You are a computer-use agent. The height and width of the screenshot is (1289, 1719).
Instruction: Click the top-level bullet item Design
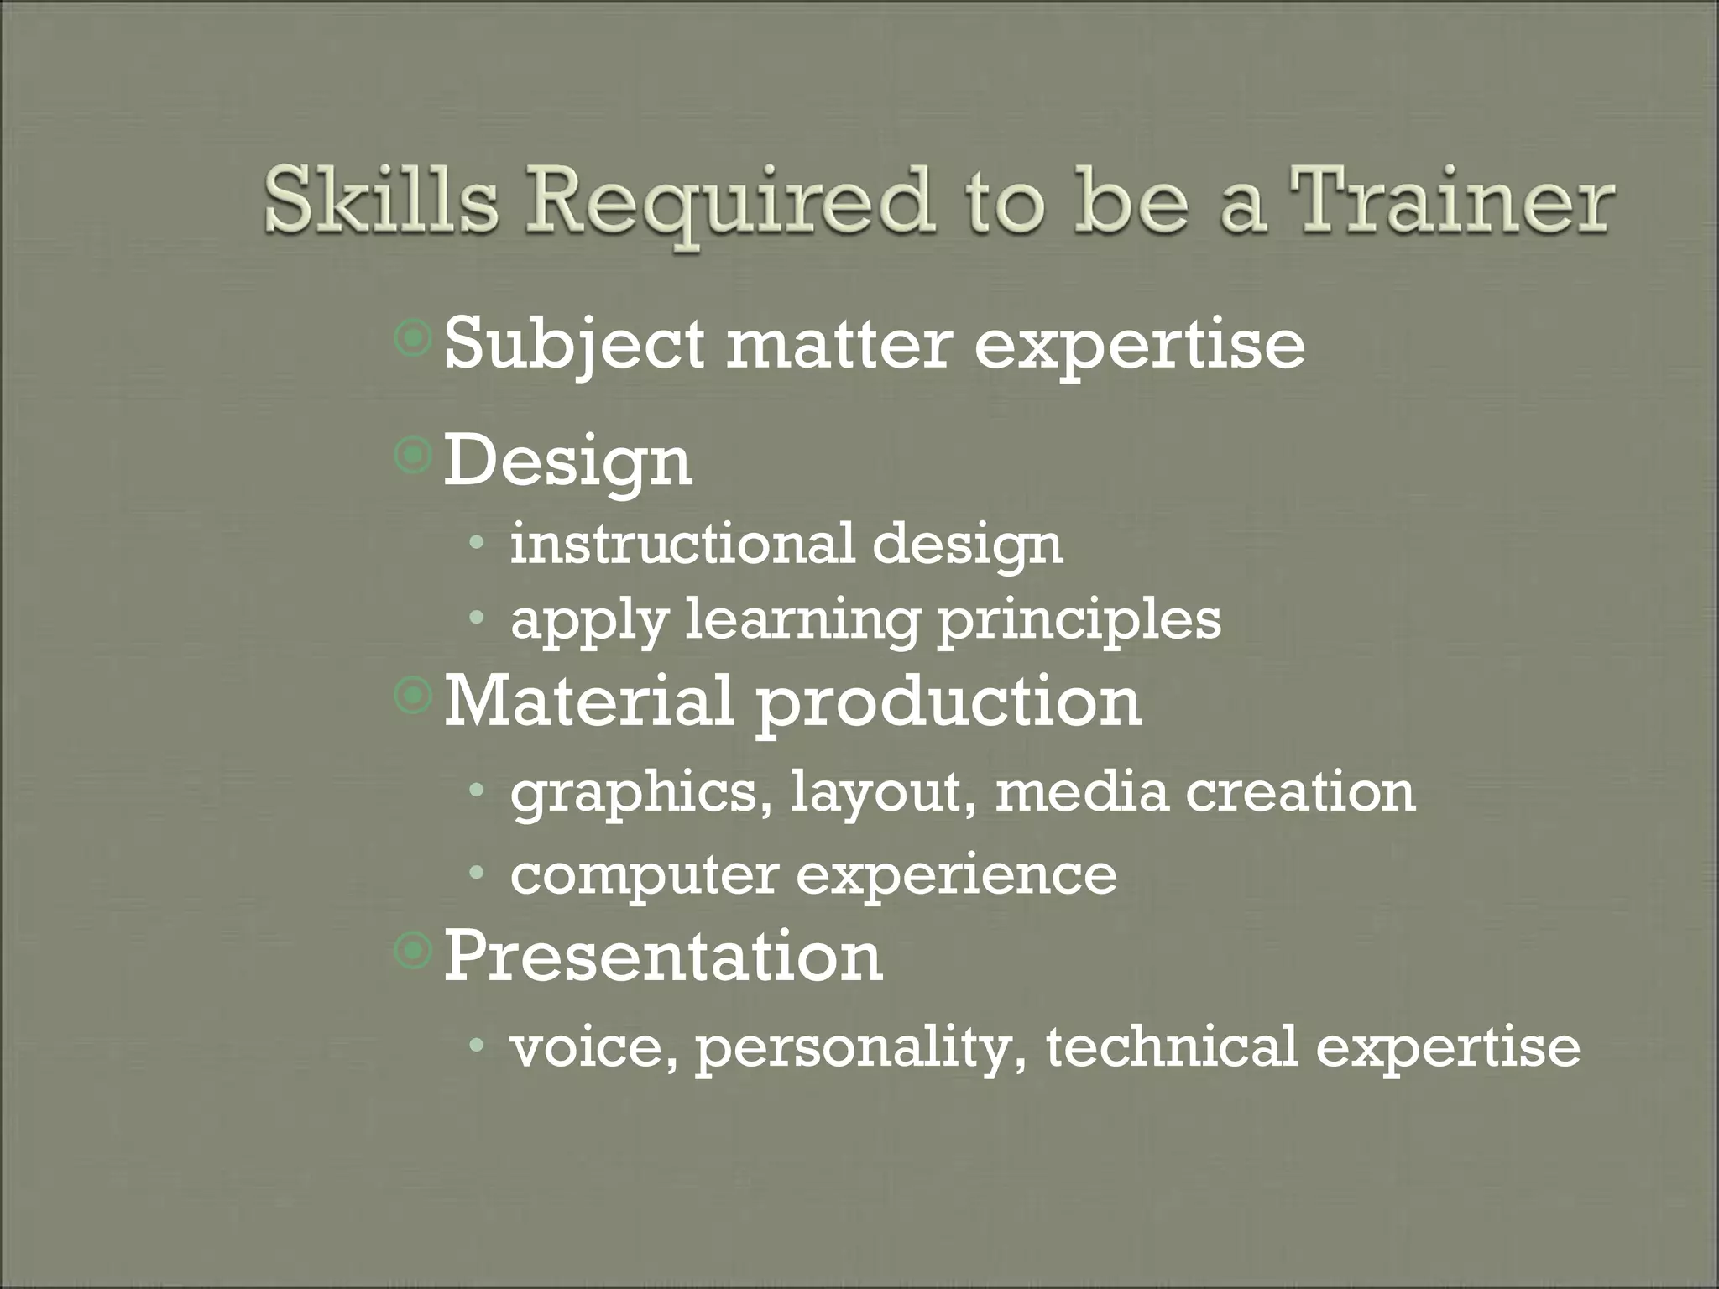pos(567,462)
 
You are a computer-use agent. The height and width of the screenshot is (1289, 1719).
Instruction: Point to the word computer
pos(644,876)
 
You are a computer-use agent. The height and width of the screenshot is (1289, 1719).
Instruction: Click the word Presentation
pos(662,956)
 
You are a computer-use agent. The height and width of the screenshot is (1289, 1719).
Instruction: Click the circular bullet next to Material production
pos(413,695)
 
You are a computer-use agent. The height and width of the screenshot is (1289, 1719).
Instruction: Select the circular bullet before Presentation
pos(413,951)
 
